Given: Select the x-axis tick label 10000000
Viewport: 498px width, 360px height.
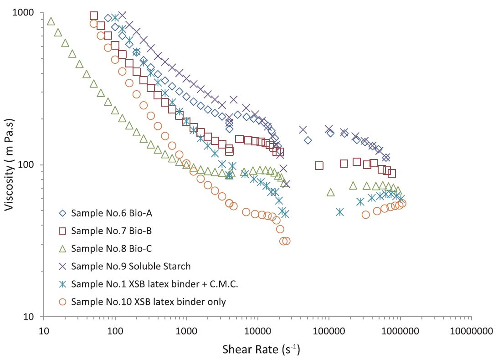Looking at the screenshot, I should click(x=471, y=332).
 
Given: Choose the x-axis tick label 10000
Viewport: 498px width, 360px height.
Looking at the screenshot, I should click(x=258, y=332).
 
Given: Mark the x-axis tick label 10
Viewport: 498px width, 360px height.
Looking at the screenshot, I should click(x=44, y=332).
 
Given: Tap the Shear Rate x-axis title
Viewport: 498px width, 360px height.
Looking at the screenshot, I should click(x=261, y=350).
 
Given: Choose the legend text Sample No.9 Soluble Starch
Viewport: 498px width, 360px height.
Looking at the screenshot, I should click(x=131, y=266).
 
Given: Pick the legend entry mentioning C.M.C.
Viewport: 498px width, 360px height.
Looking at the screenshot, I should click(x=155, y=284).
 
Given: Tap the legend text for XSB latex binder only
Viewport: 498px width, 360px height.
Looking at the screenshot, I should click(x=149, y=302).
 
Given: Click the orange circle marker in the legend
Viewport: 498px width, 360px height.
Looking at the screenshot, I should click(x=63, y=302).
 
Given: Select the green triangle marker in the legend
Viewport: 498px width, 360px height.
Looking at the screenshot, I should click(x=63, y=248).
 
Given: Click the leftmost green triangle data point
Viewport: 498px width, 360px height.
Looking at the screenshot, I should click(x=51, y=21).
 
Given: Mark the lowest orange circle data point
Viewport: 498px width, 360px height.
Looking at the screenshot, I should click(x=284, y=242).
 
